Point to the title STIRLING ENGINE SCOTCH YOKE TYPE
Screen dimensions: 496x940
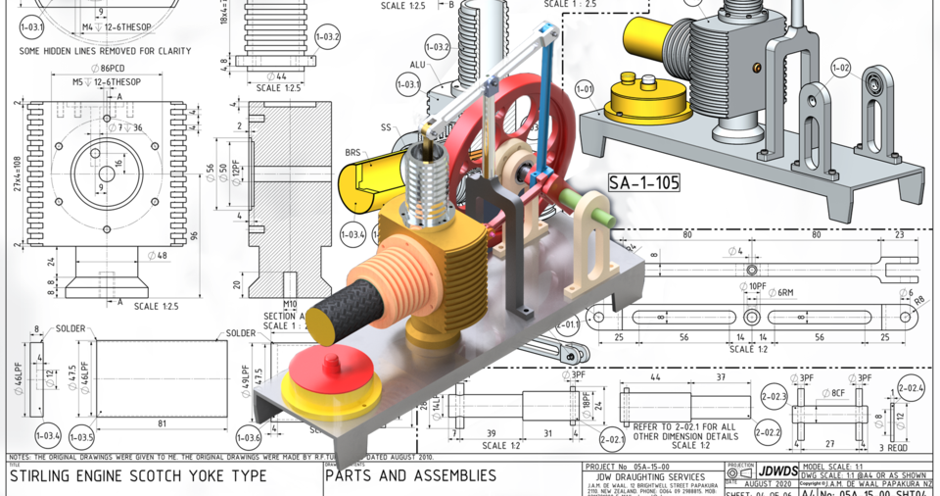[x=137, y=476]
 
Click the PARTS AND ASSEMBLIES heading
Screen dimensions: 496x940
[x=410, y=476]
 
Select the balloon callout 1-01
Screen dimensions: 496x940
[x=586, y=94]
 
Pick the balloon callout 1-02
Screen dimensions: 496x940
[x=840, y=68]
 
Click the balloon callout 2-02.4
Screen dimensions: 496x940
[x=910, y=388]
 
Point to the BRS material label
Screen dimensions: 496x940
[x=353, y=153]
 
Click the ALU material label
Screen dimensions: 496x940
[x=416, y=65]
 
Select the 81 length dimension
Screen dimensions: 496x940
[x=162, y=422]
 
